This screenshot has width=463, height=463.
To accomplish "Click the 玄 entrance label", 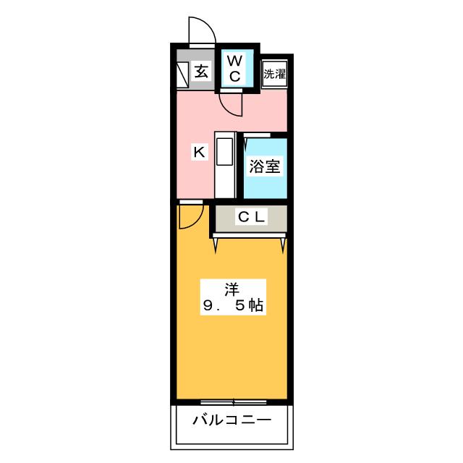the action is pos(201,72).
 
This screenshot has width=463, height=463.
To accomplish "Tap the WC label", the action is pos(235,69).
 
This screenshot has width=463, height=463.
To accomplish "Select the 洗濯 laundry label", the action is pos(275,74).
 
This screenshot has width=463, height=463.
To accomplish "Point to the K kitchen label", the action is pos(200,152).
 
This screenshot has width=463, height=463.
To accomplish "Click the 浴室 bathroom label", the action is pos(265,166).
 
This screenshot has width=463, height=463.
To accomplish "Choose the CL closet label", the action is pos(251,217).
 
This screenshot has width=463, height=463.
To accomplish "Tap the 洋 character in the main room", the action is pos(232,289).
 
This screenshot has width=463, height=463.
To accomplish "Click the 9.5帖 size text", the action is pos(233,305).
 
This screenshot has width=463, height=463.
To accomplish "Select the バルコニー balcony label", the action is pos(232,420).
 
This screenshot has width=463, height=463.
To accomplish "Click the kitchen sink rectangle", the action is pos(224,151).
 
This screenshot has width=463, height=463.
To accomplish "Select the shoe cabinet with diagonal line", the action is pos(182,75).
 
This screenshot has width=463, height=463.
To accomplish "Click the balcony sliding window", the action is pos(233,402).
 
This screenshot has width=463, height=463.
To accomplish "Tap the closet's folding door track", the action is pos(249,235).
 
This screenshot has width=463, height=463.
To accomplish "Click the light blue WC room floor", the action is pos(237,68).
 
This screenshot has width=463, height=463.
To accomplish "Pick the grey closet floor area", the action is pos(251,218).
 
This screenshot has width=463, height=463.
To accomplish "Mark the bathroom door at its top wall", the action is pos(257,135).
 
